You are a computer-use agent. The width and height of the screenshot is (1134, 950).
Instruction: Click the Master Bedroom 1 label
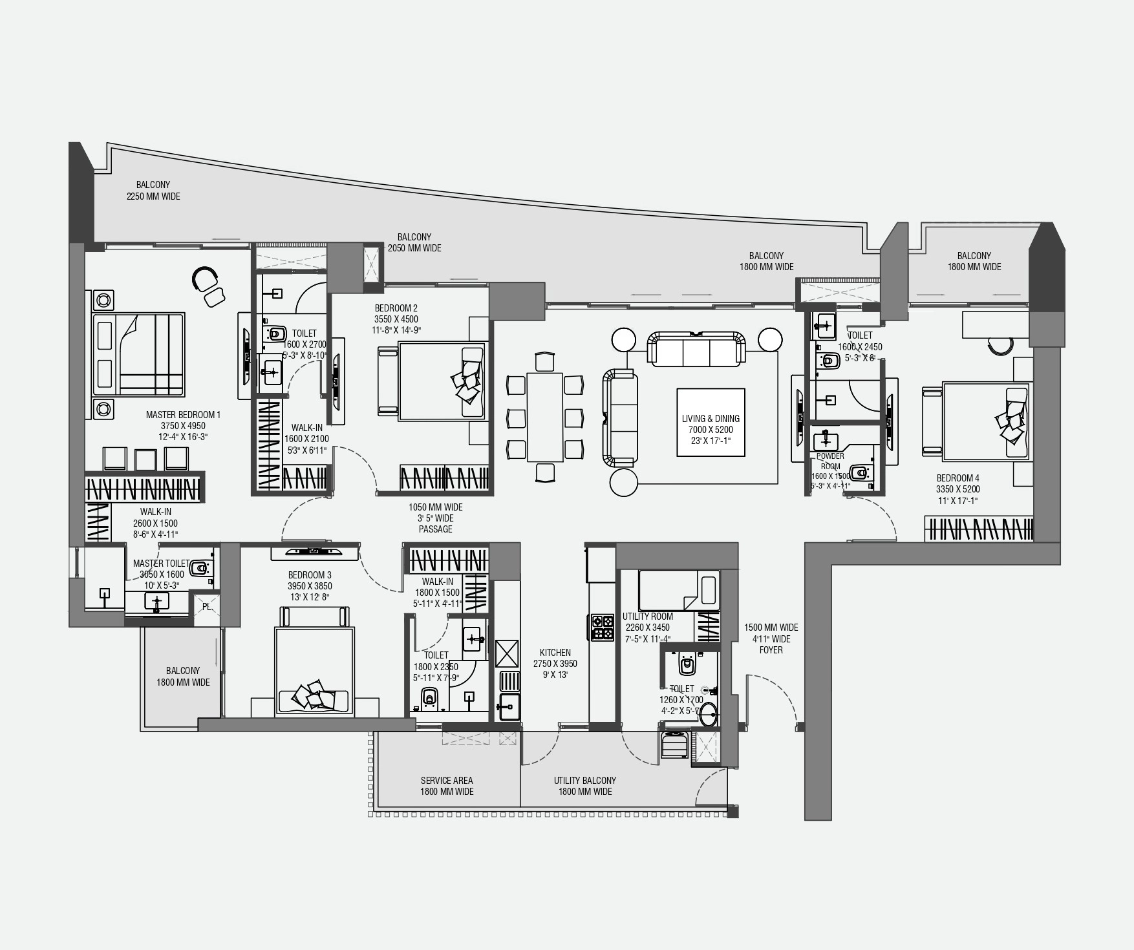coord(183,415)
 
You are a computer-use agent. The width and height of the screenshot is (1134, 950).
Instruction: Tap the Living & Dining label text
coord(711,419)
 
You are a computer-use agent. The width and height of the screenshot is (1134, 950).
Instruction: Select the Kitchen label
coord(555,653)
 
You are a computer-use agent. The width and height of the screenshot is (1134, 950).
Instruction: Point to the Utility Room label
coord(648,617)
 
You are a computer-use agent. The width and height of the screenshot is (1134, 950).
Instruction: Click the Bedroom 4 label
coord(957,479)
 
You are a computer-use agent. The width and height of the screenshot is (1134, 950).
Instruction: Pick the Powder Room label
coord(830,461)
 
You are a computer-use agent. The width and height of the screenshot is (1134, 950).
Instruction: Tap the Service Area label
coord(447,781)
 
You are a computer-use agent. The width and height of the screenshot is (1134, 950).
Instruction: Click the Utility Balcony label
coord(585,781)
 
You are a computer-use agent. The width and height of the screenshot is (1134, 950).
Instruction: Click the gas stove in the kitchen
coord(602,627)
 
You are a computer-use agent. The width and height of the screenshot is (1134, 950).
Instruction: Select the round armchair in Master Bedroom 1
coord(205,279)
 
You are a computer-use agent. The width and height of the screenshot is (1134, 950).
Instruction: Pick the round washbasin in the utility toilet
coord(709,714)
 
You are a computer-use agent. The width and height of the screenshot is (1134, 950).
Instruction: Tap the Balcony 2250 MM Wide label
coord(153,191)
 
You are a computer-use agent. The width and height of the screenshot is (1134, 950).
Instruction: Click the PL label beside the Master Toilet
coord(206,607)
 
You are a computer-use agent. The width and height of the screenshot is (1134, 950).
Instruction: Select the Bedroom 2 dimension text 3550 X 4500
coord(396,319)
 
